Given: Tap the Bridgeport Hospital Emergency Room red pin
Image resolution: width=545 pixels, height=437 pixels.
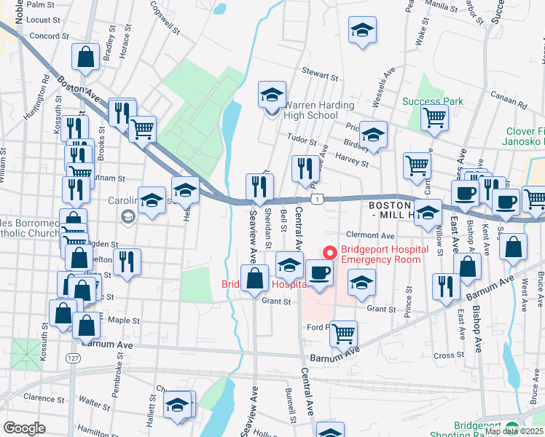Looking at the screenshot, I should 330,253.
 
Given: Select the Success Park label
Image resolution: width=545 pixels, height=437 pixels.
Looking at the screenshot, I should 432,102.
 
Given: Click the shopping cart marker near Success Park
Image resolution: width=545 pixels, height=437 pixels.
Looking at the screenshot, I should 435,117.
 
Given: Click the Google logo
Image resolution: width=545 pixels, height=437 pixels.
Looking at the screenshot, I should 23,428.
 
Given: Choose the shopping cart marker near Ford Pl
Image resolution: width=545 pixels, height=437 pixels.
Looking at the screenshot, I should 343,334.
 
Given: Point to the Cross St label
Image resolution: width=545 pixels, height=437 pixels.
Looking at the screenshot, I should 444,355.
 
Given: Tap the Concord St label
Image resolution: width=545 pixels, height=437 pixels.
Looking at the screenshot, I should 50,35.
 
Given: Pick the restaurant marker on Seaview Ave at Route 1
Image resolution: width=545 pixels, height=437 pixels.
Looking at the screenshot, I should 259,186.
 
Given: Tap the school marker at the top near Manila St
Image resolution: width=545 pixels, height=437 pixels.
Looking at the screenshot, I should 361,31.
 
